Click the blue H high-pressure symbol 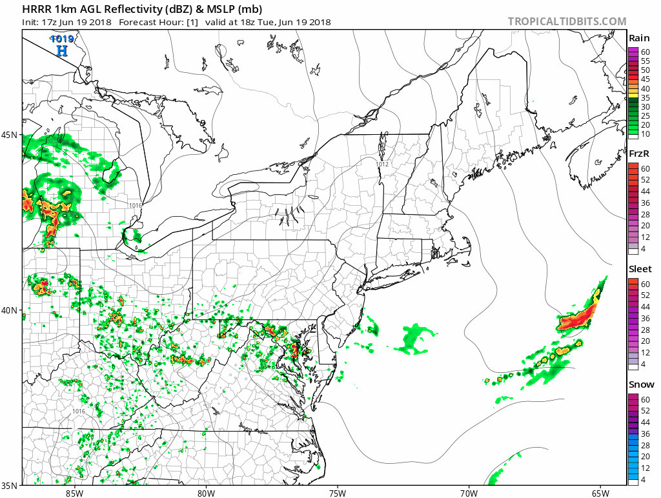click(x=62, y=50)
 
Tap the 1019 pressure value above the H click(x=63, y=39)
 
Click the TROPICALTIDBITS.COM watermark click(x=567, y=21)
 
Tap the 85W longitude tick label click(x=74, y=493)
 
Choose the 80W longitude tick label click(x=206, y=493)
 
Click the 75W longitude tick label click(x=337, y=493)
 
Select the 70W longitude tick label click(x=469, y=493)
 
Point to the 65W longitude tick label click(x=600, y=493)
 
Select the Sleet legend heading click(x=640, y=268)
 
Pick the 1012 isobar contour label click(x=383, y=164)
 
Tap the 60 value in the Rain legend click(x=645, y=52)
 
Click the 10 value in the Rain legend click(x=645, y=134)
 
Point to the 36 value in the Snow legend click(x=645, y=434)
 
